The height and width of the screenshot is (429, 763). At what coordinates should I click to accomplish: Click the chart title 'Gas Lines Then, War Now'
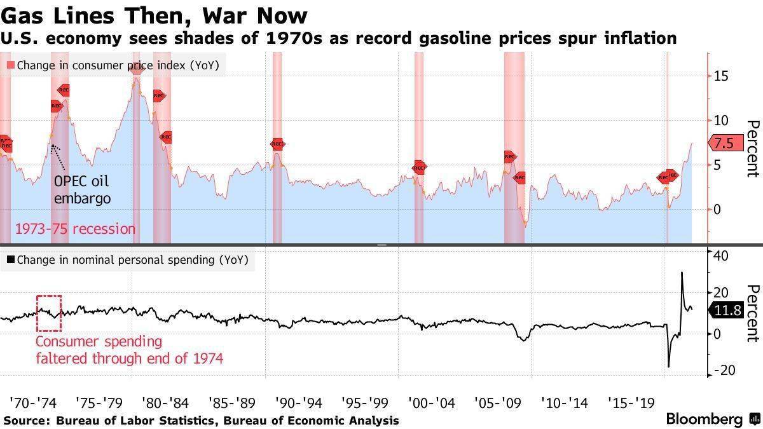click(155, 15)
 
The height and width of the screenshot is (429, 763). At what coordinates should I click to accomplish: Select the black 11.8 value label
click(727, 311)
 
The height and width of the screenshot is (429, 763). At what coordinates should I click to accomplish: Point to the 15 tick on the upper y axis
click(721, 76)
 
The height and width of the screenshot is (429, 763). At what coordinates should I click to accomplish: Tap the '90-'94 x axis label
click(298, 402)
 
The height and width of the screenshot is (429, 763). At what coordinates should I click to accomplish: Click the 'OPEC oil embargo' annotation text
click(82, 189)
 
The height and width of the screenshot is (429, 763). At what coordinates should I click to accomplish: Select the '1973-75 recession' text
click(75, 229)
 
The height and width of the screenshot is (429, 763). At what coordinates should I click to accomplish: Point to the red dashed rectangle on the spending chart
click(49, 313)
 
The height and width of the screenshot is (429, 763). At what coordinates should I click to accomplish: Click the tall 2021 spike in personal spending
click(682, 275)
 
